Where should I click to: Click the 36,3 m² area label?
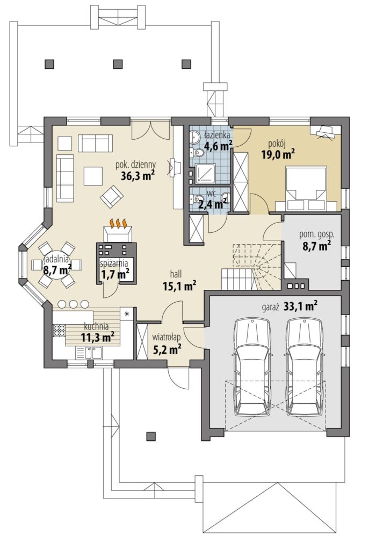(x=138, y=175)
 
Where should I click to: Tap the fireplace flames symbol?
(x=118, y=224)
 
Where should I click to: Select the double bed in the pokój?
(x=307, y=189)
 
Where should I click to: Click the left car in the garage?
(x=252, y=367)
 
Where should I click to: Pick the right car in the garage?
(x=305, y=367)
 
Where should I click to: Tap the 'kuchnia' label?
(x=96, y=326)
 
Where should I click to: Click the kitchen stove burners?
(x=59, y=331)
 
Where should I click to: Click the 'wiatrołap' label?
(x=167, y=336)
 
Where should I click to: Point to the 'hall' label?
(x=176, y=274)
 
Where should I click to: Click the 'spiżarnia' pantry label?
(x=114, y=263)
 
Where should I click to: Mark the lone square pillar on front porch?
(x=150, y=436)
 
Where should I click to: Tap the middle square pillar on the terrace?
(x=118, y=63)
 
